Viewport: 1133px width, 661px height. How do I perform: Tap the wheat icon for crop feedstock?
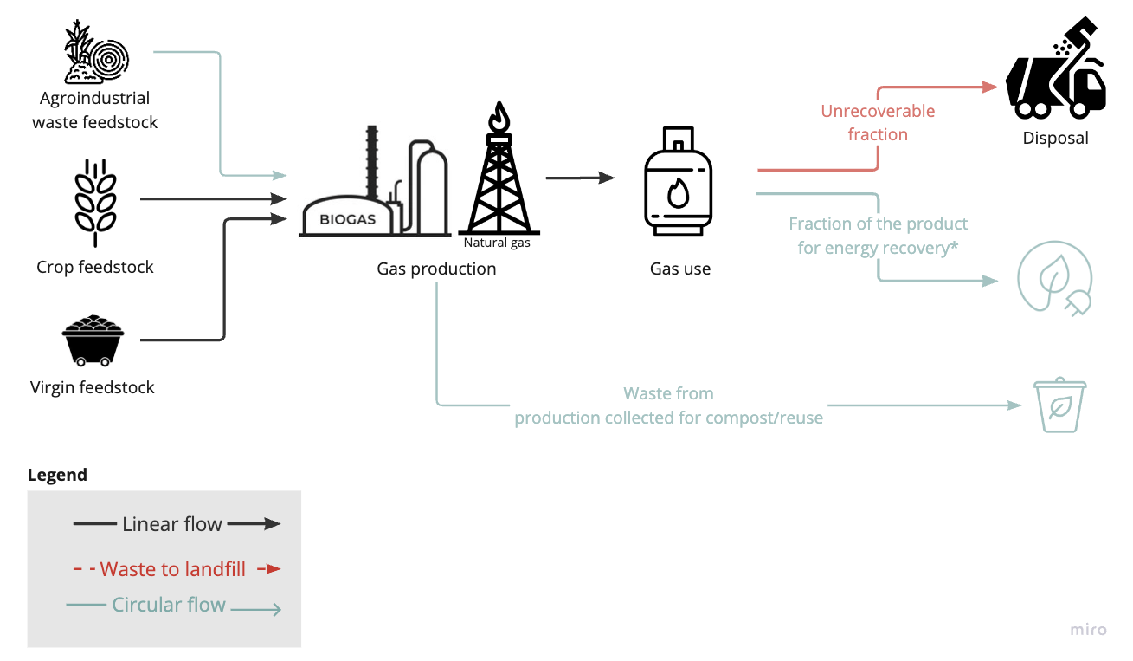[95, 203]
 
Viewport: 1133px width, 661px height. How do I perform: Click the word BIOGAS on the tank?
[348, 219]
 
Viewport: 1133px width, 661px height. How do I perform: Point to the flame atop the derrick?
[499, 117]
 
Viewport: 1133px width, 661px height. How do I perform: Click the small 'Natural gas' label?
[497, 243]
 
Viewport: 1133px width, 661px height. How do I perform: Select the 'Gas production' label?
[436, 269]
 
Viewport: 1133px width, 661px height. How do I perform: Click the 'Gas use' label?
[680, 269]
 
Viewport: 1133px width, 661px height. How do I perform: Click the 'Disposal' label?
[1055, 138]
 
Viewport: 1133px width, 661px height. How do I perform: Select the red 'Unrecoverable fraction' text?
[878, 123]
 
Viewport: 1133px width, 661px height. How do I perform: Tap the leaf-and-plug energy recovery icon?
[1054, 279]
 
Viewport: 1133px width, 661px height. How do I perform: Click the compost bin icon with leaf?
[1059, 405]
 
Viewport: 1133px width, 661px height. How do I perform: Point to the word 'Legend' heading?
[57, 475]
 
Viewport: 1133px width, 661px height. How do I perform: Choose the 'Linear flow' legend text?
[172, 524]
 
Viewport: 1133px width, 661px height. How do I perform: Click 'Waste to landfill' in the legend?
[173, 569]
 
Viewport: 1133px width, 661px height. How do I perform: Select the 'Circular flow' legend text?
[169, 605]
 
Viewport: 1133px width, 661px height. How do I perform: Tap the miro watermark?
[1088, 630]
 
